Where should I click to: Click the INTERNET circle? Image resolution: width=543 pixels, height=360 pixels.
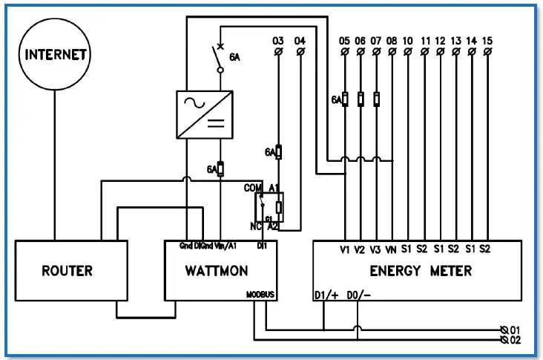click(x=56, y=54)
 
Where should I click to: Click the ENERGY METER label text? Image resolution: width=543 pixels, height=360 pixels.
click(x=421, y=271)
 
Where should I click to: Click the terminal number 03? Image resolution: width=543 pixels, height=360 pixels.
click(x=278, y=39)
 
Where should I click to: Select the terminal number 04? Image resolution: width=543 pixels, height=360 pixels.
click(x=300, y=39)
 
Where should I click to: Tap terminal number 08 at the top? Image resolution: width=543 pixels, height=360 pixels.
click(x=392, y=39)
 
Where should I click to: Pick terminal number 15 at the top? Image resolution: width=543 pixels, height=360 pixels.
click(x=487, y=39)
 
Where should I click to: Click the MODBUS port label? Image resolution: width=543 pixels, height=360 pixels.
click(x=260, y=295)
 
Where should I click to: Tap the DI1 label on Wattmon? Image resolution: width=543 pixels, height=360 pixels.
click(x=261, y=245)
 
